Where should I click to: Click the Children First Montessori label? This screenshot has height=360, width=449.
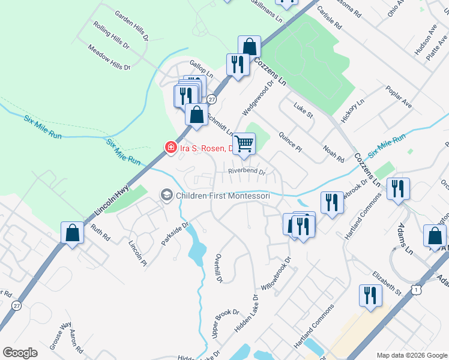coord(222,196)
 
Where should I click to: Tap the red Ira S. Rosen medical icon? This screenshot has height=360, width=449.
coord(171,148)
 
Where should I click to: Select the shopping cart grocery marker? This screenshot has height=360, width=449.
coord(244,144)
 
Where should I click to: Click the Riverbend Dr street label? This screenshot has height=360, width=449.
coord(247,171)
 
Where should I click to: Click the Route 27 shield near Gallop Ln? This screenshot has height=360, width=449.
coord(211,100)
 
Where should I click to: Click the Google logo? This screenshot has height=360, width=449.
coord(20,352)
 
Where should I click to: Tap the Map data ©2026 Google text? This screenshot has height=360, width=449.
coord(411,355)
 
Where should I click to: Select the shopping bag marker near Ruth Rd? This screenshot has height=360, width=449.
coord(72,233)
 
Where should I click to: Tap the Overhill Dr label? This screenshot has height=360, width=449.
coord(219,268)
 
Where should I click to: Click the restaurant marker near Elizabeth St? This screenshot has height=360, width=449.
coord(369,295)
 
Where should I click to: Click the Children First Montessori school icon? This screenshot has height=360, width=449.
coord(167,195)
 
